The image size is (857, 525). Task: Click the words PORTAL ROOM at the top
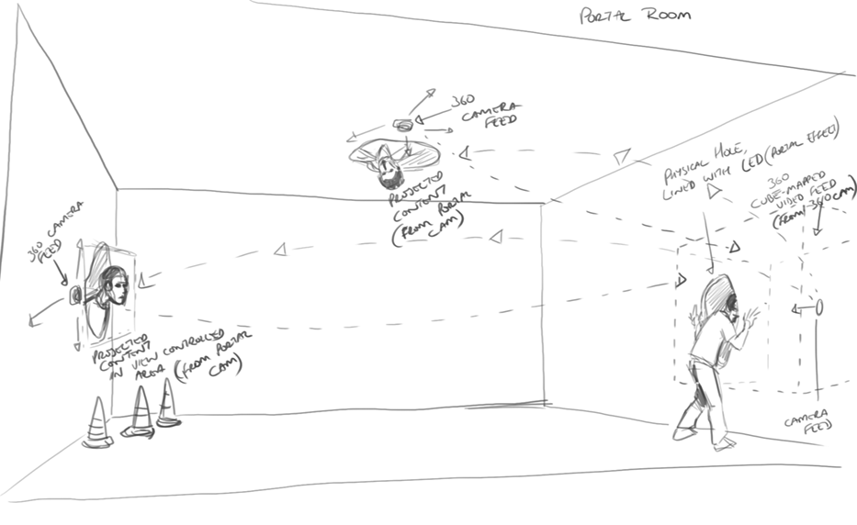click(x=636, y=16)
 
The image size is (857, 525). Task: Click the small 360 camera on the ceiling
click(x=402, y=125)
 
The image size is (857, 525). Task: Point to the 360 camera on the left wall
click(x=77, y=296)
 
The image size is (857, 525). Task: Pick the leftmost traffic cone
click(x=96, y=424)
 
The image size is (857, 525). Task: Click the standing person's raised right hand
click(x=753, y=317)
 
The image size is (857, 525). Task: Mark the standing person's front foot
click(x=726, y=444)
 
